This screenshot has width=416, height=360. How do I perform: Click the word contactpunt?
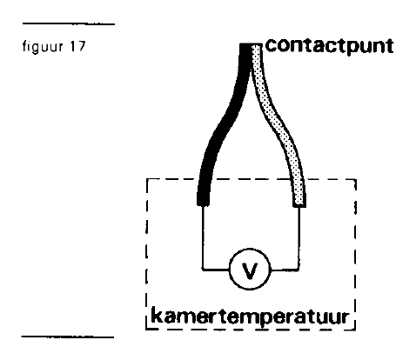330,46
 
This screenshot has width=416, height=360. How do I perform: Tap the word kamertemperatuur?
250,317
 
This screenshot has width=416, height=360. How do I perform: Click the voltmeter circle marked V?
250,270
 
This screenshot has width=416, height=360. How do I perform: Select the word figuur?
43,47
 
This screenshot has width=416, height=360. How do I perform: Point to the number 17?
77,46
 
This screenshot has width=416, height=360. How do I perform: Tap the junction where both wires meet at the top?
251,45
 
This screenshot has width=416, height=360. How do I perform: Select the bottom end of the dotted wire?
299,206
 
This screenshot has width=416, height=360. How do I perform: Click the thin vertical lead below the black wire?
203,238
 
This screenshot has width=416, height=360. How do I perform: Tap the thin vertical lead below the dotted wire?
299,238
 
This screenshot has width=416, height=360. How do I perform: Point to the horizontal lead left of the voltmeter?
216,270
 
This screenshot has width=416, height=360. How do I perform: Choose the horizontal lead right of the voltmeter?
285,270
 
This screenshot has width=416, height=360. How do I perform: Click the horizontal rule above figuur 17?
69,23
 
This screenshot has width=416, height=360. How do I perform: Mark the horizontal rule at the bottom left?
68,337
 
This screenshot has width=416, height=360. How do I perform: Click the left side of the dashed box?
147,255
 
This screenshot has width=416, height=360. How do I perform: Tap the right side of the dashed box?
355,255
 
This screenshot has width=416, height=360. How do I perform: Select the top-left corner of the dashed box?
147,180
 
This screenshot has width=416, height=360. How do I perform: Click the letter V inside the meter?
250,270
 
